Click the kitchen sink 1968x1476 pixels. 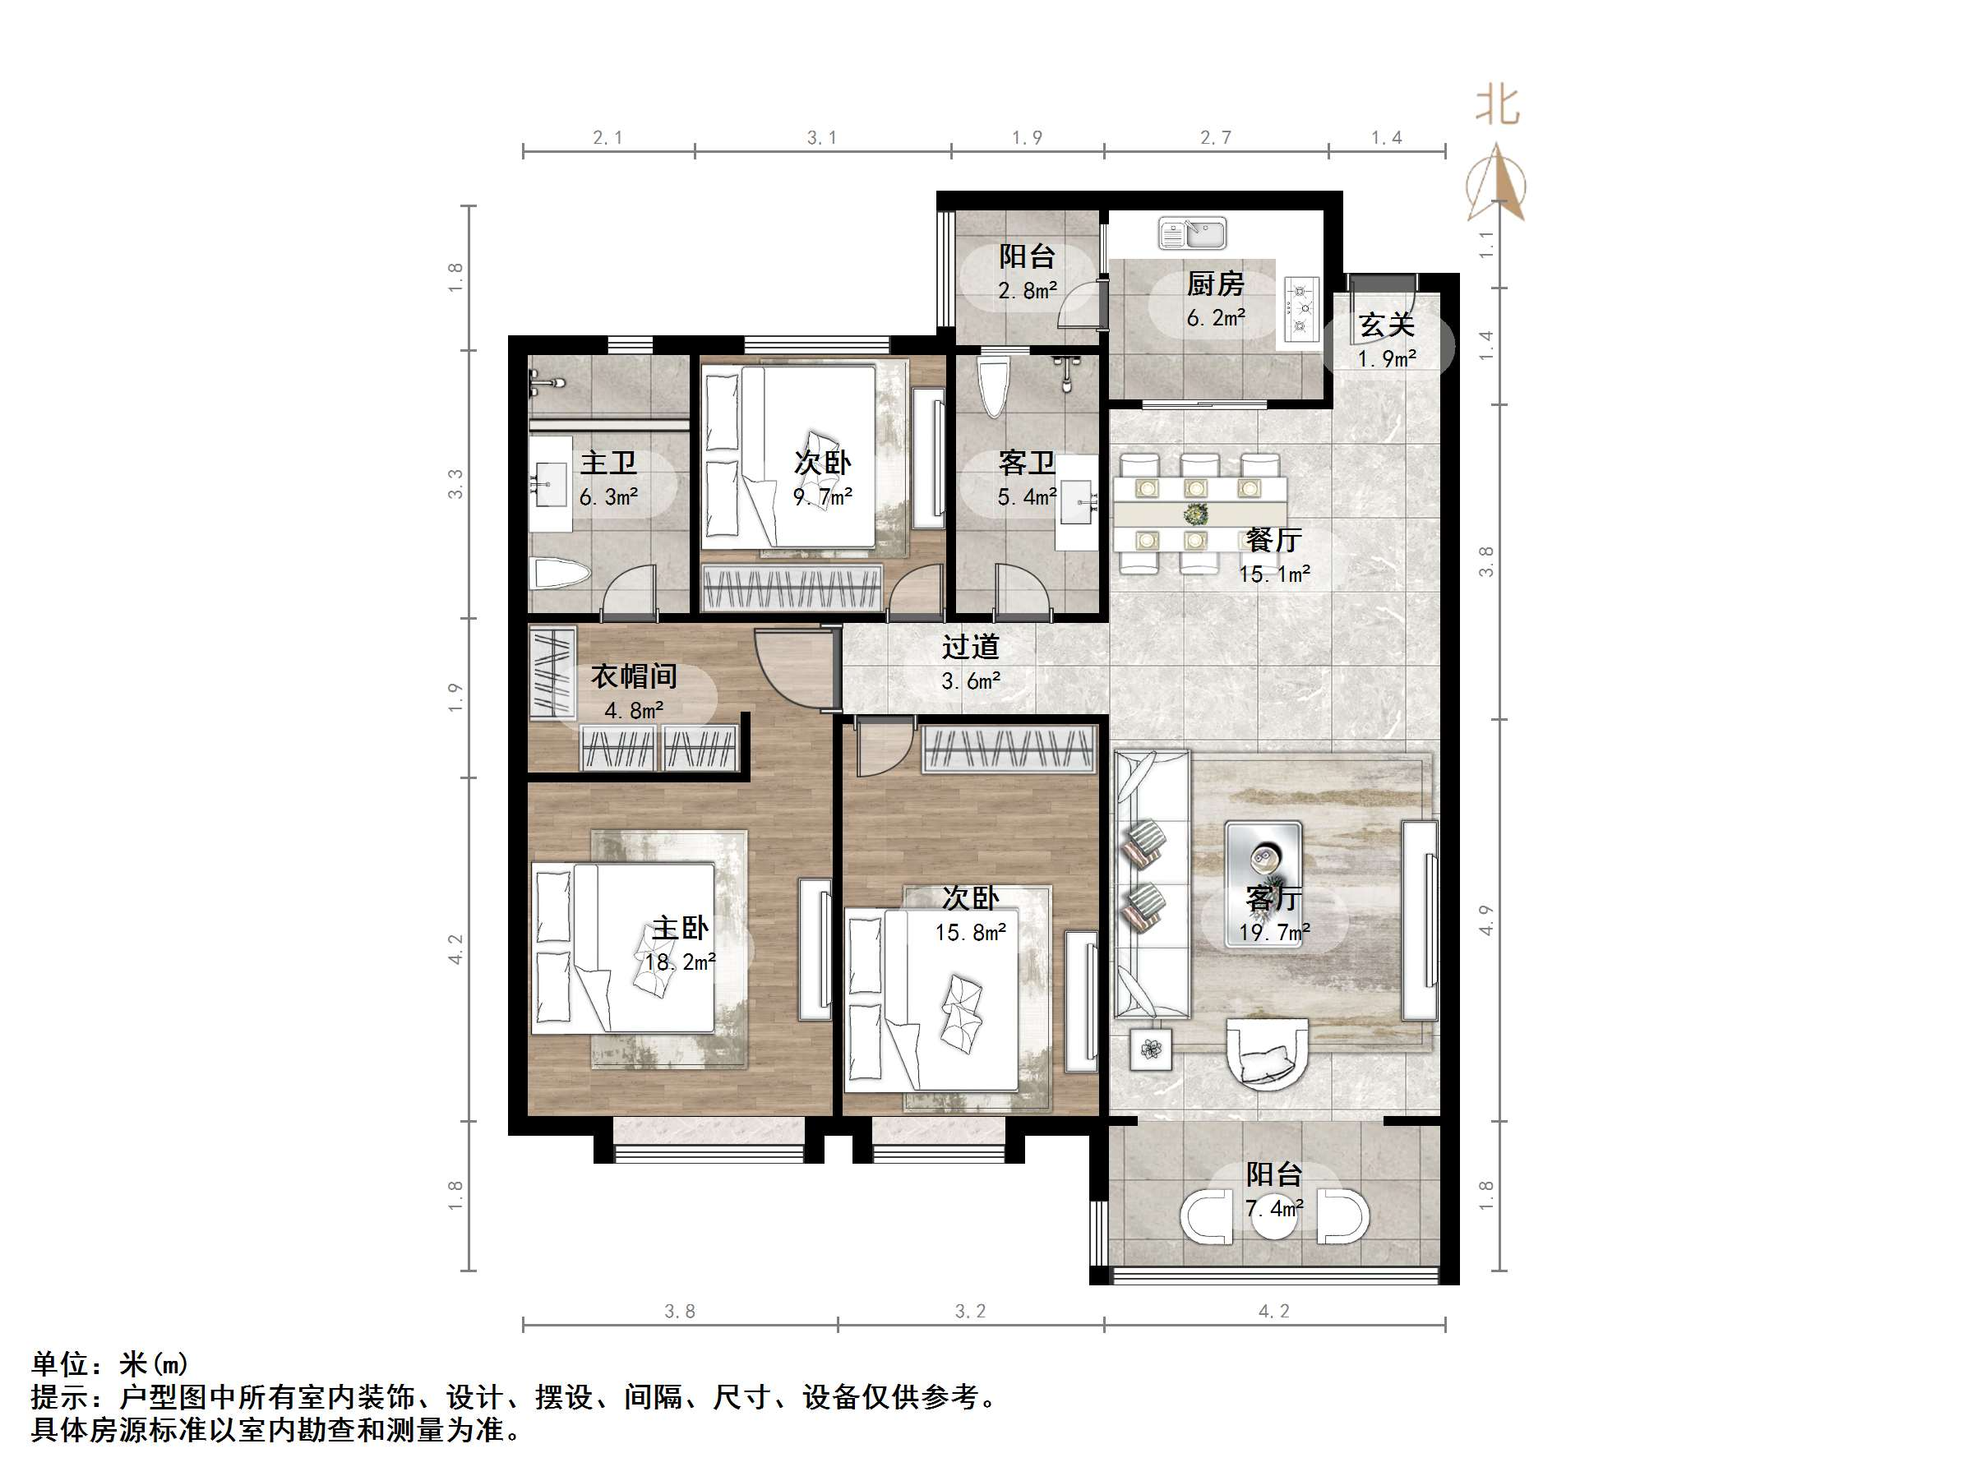[x=1192, y=234]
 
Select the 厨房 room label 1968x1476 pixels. [x=1214, y=284]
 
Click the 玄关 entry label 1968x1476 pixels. [x=1386, y=325]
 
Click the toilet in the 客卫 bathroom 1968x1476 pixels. [x=993, y=386]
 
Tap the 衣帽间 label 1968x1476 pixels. [x=634, y=677]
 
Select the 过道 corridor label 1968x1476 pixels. [x=971, y=648]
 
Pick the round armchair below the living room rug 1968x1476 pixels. [x=1267, y=1055]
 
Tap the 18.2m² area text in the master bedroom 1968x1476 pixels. [x=681, y=962]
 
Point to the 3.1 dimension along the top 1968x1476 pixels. [x=821, y=138]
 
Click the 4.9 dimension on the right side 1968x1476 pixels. [x=1485, y=920]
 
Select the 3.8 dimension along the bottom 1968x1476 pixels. [x=680, y=1312]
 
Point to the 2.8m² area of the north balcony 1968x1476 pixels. [x=1028, y=291]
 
